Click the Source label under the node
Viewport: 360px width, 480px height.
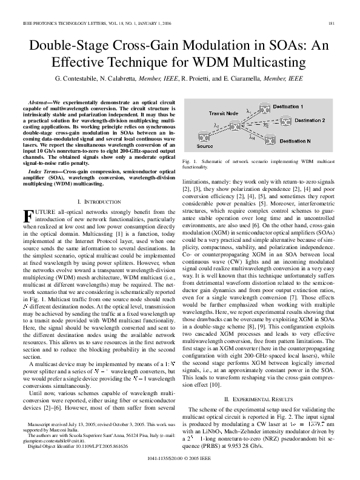[x=205, y=147]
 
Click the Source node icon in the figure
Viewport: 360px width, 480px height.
[x=205, y=137]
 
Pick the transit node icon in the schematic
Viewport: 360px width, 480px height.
[x=233, y=125]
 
